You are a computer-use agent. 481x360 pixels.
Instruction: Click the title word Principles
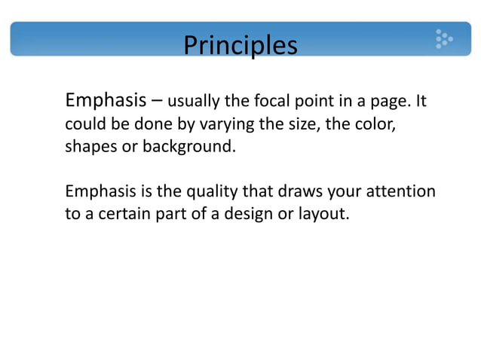(x=240, y=44)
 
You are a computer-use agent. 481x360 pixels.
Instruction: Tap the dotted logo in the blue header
(x=443, y=38)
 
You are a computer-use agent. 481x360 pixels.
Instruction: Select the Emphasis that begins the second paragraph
(x=99, y=191)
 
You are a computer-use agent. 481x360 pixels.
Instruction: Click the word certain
(x=127, y=214)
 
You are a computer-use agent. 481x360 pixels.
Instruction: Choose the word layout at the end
(x=325, y=215)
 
